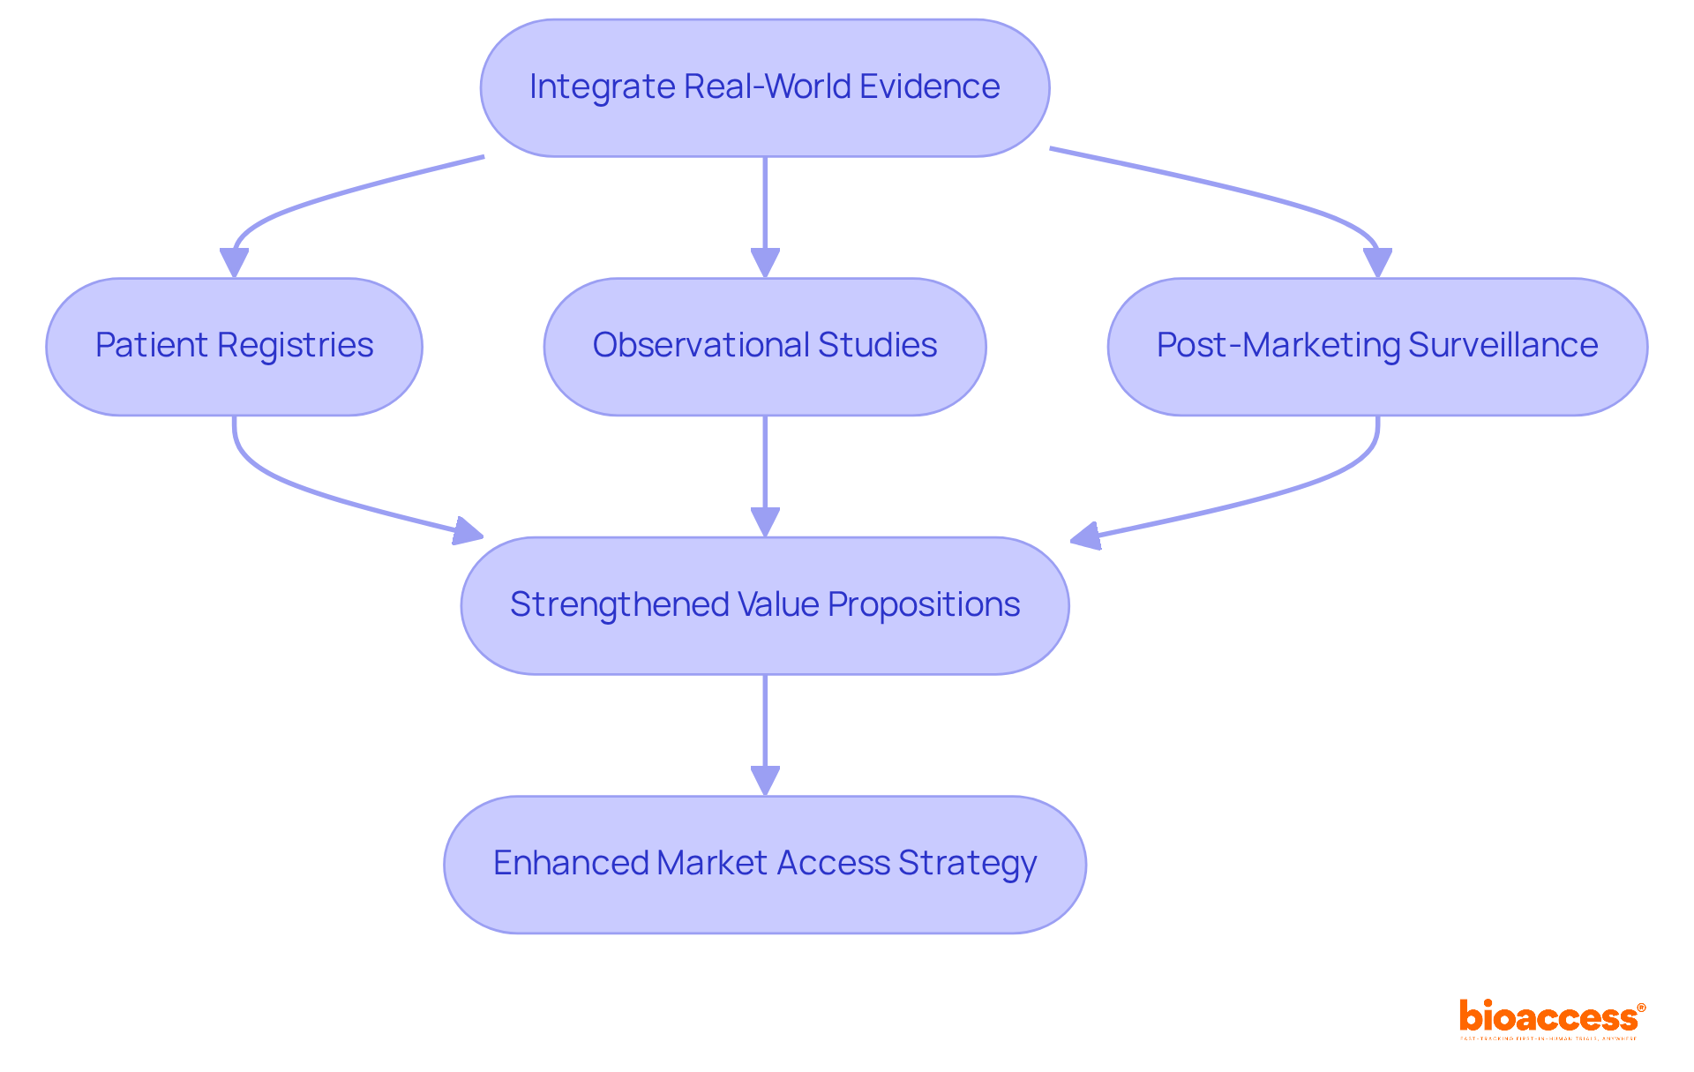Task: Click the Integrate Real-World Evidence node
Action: tap(764, 88)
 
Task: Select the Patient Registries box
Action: tap(234, 347)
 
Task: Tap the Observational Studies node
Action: tap(764, 347)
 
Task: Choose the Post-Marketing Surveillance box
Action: tap(1376, 347)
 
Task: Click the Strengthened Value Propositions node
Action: tap(764, 605)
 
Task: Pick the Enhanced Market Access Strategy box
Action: tap(764, 864)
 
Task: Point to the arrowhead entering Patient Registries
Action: tap(234, 264)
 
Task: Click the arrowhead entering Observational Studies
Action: tap(765, 264)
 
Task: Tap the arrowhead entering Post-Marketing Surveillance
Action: tap(1377, 264)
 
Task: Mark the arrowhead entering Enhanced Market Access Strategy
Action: tap(765, 782)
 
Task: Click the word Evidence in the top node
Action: tap(929, 87)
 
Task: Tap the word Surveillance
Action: tap(1503, 346)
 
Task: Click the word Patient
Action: tap(151, 346)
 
